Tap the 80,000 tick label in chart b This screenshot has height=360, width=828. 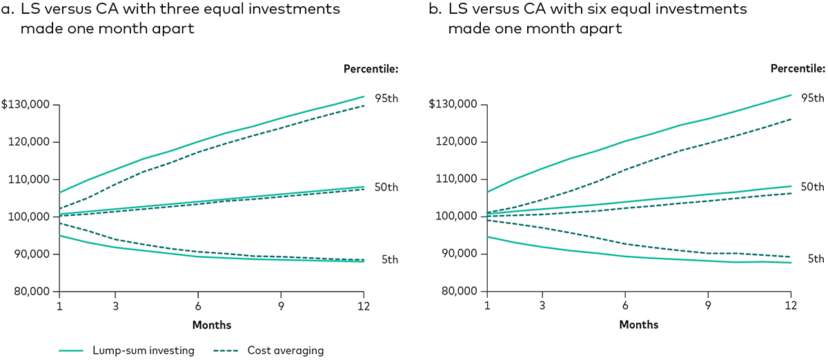tap(457, 291)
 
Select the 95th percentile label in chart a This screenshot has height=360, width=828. tap(386, 98)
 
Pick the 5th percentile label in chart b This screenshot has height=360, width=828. tap(816, 259)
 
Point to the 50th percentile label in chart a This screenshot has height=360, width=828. tap(386, 188)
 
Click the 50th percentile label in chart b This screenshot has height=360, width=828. tap(813, 187)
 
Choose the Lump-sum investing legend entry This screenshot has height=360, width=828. tap(144, 350)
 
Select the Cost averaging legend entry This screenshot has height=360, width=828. tap(285, 350)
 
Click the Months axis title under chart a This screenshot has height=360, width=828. tap(212, 325)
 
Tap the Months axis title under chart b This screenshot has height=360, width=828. tap(639, 325)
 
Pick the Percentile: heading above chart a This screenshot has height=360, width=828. tap(371, 69)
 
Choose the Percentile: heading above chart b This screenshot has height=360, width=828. tap(798, 69)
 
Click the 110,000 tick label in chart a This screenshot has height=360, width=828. tap(30, 179)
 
